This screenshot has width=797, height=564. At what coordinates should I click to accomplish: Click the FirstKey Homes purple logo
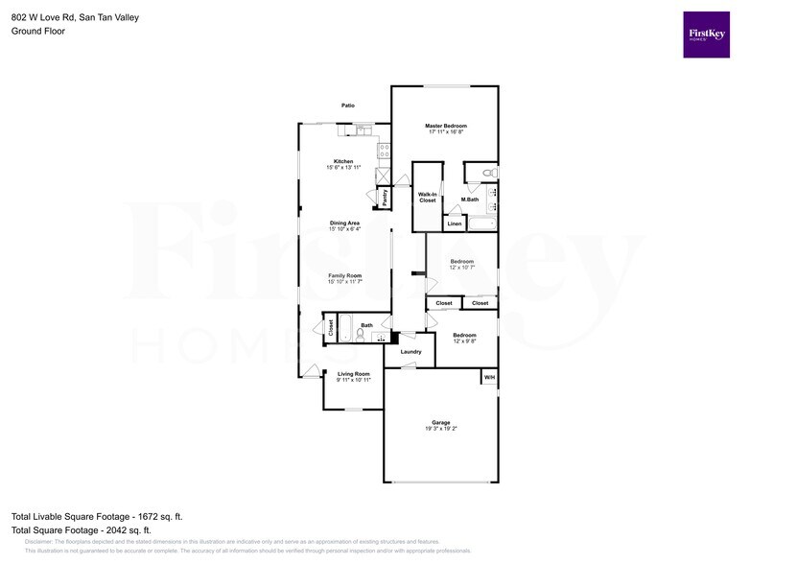tap(706, 35)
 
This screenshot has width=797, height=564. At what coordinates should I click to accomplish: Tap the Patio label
tap(348, 106)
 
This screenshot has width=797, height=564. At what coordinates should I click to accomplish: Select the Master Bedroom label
tap(446, 127)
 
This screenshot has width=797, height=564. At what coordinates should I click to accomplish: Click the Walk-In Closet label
tap(427, 198)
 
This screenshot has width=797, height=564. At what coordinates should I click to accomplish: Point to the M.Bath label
tap(470, 200)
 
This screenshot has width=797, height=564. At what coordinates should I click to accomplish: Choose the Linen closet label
tap(455, 224)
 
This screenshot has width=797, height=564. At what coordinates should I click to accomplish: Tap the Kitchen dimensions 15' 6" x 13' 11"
tap(343, 168)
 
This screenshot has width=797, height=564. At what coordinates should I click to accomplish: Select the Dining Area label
tap(344, 223)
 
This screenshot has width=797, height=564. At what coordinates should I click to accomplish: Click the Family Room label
tap(344, 275)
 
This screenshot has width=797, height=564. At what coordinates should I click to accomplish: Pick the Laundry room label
tap(410, 352)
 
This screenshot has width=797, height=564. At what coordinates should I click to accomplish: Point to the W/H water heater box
tap(489, 377)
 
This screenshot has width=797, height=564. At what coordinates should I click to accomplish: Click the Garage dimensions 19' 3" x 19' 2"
tap(440, 429)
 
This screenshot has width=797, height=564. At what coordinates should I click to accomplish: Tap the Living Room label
tap(353, 374)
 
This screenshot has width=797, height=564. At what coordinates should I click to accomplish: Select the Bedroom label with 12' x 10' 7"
tap(462, 261)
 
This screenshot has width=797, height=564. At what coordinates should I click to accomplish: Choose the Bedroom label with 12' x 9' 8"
tap(464, 335)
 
